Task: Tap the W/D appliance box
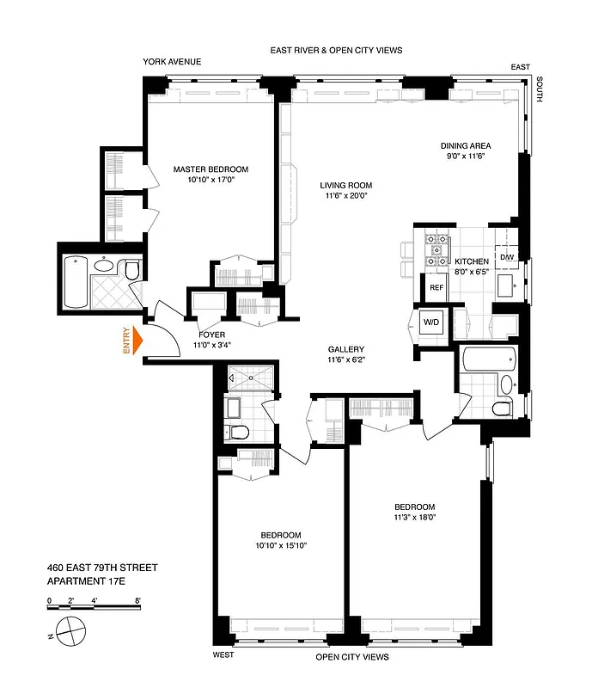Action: [430, 322]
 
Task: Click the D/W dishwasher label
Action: [506, 257]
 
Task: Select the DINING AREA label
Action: [464, 146]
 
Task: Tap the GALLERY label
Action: [345, 349]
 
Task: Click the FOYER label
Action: [211, 335]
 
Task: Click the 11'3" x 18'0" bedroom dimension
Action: [415, 519]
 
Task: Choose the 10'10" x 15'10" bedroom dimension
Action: [281, 545]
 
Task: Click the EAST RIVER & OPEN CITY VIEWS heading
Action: [335, 51]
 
